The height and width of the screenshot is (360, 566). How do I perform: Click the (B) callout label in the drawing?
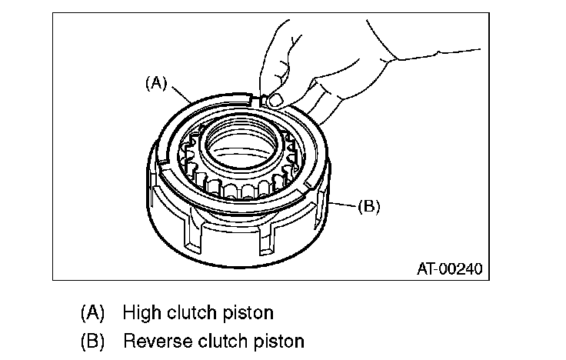pos(369,206)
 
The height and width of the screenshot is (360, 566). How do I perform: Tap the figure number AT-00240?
pos(450,269)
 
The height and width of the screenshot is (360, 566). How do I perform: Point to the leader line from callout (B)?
pos(345,205)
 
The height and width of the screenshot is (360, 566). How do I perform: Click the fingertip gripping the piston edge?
pos(271,100)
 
